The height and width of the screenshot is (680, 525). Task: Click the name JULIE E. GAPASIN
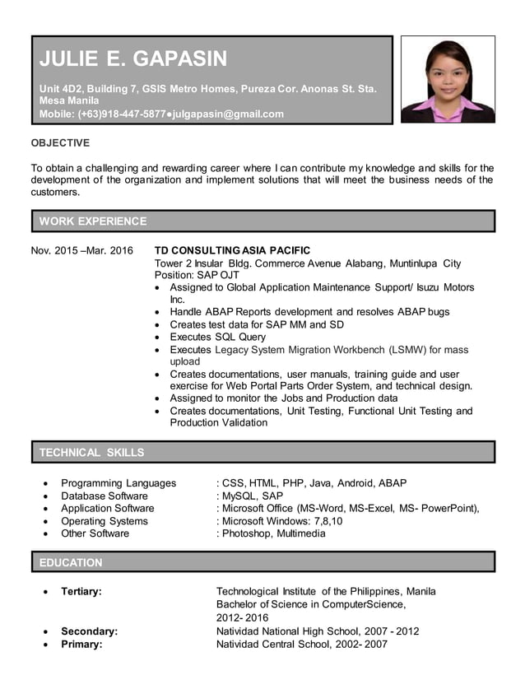pyautogui.click(x=133, y=59)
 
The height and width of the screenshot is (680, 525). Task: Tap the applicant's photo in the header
pyautogui.click(x=448, y=79)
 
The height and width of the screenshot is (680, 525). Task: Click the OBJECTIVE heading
pyautogui.click(x=60, y=142)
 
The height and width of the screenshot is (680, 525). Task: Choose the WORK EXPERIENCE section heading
pyautogui.click(x=93, y=221)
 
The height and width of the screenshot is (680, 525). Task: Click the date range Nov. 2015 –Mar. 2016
pyautogui.click(x=81, y=250)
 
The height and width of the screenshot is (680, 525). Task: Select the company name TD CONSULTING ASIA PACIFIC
pyautogui.click(x=233, y=250)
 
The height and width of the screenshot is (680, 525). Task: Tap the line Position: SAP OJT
pyautogui.click(x=197, y=275)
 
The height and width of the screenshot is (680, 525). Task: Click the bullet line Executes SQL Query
pyautogui.click(x=218, y=337)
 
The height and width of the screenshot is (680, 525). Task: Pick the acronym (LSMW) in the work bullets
pyautogui.click(x=425, y=350)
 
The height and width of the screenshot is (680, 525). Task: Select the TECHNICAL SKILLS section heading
pyautogui.click(x=91, y=452)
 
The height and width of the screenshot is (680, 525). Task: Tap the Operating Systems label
pyautogui.click(x=105, y=521)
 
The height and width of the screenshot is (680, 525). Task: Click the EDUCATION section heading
pyautogui.click(x=71, y=562)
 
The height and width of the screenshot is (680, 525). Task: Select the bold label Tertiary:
pyautogui.click(x=81, y=592)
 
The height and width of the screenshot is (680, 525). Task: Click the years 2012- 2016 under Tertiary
pyautogui.click(x=242, y=618)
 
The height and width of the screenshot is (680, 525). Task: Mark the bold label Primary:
pyautogui.click(x=81, y=644)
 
